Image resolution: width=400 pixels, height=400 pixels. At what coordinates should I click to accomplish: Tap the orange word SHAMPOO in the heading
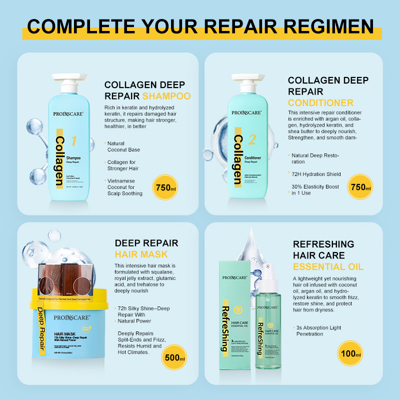coord(166,96)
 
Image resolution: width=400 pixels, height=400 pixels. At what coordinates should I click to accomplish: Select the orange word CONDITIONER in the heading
coord(320,103)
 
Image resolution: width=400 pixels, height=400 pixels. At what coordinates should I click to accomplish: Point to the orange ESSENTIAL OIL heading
coord(328,266)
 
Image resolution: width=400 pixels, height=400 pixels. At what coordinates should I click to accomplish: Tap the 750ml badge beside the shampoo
coord(165,187)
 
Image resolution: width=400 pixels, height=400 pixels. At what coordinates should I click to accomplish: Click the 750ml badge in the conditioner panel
coord(361,187)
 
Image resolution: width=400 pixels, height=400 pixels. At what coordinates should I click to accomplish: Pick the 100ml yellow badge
coord(350,353)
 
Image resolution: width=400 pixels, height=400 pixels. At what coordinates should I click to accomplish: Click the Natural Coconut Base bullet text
coord(123,146)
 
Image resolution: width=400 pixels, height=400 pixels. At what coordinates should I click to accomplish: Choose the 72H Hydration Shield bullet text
coord(316,174)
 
